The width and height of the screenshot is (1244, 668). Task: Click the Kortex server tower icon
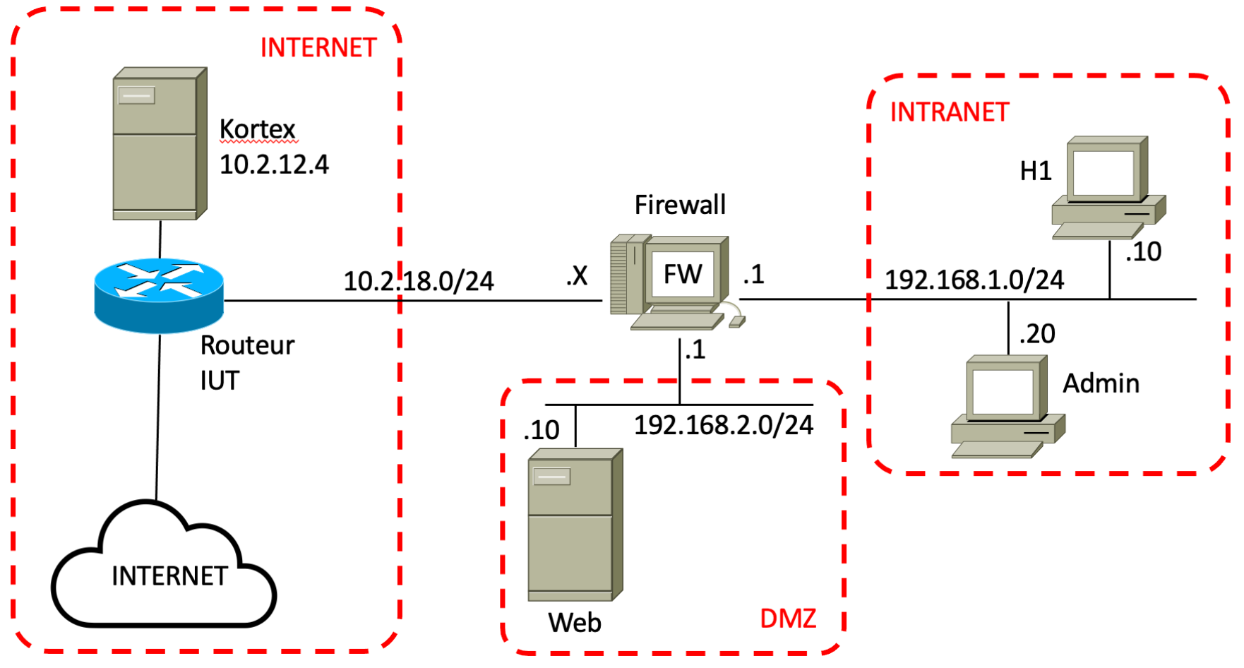(159, 144)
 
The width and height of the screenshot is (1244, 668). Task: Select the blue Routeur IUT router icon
(159, 295)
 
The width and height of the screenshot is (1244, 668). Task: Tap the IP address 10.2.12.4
(274, 165)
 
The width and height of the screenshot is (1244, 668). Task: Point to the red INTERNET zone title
(318, 48)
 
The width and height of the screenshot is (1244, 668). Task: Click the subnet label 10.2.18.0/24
(419, 281)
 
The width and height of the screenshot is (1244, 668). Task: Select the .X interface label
(577, 275)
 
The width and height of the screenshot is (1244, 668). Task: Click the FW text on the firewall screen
(683, 274)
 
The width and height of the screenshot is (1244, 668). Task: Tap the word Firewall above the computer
(680, 205)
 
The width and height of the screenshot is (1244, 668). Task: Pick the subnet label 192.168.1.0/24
(974, 280)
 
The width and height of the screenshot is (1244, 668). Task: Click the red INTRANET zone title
(950, 112)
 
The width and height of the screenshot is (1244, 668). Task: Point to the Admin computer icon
(1007, 407)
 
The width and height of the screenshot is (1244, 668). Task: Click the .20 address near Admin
(1037, 333)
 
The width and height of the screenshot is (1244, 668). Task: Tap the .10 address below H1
(1143, 251)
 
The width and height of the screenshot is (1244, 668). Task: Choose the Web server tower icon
(575, 525)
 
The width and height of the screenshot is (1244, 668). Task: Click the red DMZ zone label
(788, 619)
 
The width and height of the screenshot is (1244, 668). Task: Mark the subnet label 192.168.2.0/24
(724, 425)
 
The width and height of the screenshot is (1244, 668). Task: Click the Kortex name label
(257, 129)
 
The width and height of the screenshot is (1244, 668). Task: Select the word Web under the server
(575, 623)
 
